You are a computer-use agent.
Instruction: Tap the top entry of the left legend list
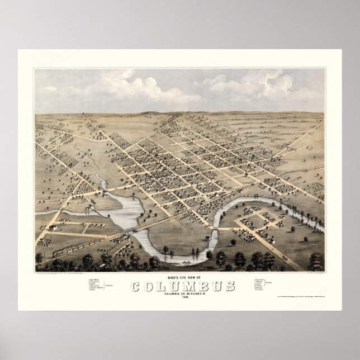tap(94, 278)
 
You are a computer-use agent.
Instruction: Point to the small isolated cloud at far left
tap(50, 88)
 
